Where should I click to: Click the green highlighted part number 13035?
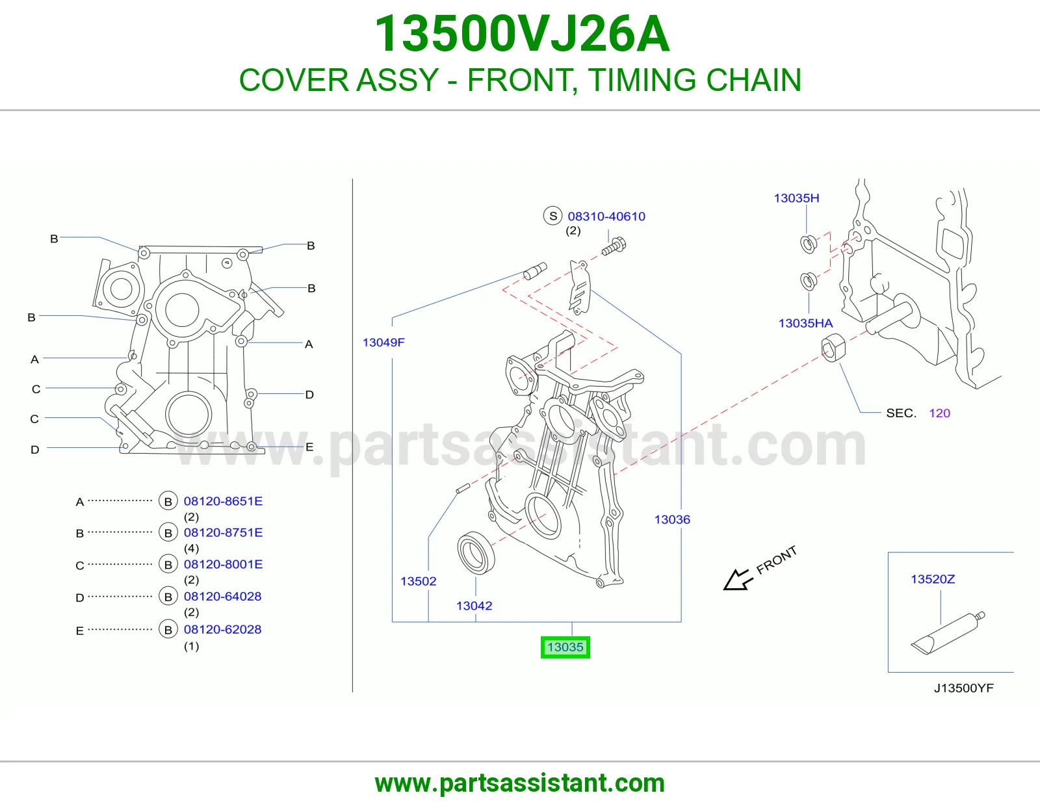(565, 647)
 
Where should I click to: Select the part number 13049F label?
(383, 342)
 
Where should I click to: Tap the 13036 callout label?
(672, 519)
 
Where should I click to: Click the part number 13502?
(419, 581)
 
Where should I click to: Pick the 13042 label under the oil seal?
(474, 605)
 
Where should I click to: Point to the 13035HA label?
(805, 323)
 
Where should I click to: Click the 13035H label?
(796, 198)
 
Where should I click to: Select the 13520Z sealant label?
(932, 579)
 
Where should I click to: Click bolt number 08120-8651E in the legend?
(223, 501)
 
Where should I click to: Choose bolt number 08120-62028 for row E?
(222, 629)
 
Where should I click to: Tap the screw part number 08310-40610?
(606, 216)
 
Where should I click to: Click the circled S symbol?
(552, 216)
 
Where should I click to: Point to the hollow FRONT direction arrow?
(737, 580)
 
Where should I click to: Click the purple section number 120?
(939, 413)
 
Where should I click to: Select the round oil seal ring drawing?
(476, 552)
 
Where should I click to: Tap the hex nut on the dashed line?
(833, 348)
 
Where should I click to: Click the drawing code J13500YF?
(963, 688)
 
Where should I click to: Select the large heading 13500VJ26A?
(522, 34)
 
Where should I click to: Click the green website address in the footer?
(520, 783)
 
